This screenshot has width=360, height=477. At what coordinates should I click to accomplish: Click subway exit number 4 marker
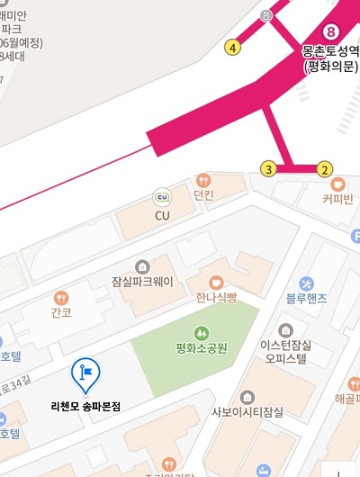point(234,48)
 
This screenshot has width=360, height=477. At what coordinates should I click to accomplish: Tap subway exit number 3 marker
point(267,168)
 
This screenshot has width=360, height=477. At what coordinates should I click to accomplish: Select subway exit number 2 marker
point(325,168)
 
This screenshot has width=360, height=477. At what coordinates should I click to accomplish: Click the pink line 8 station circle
point(330,32)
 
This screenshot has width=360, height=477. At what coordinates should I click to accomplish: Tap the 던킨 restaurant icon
point(203,180)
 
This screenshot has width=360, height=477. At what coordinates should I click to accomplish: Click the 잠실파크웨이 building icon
point(141,266)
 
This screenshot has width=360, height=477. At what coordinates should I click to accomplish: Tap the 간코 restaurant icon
point(61,297)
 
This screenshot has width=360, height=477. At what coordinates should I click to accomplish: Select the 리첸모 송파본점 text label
point(85,406)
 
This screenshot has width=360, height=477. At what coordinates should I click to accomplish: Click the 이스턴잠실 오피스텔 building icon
point(286,330)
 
